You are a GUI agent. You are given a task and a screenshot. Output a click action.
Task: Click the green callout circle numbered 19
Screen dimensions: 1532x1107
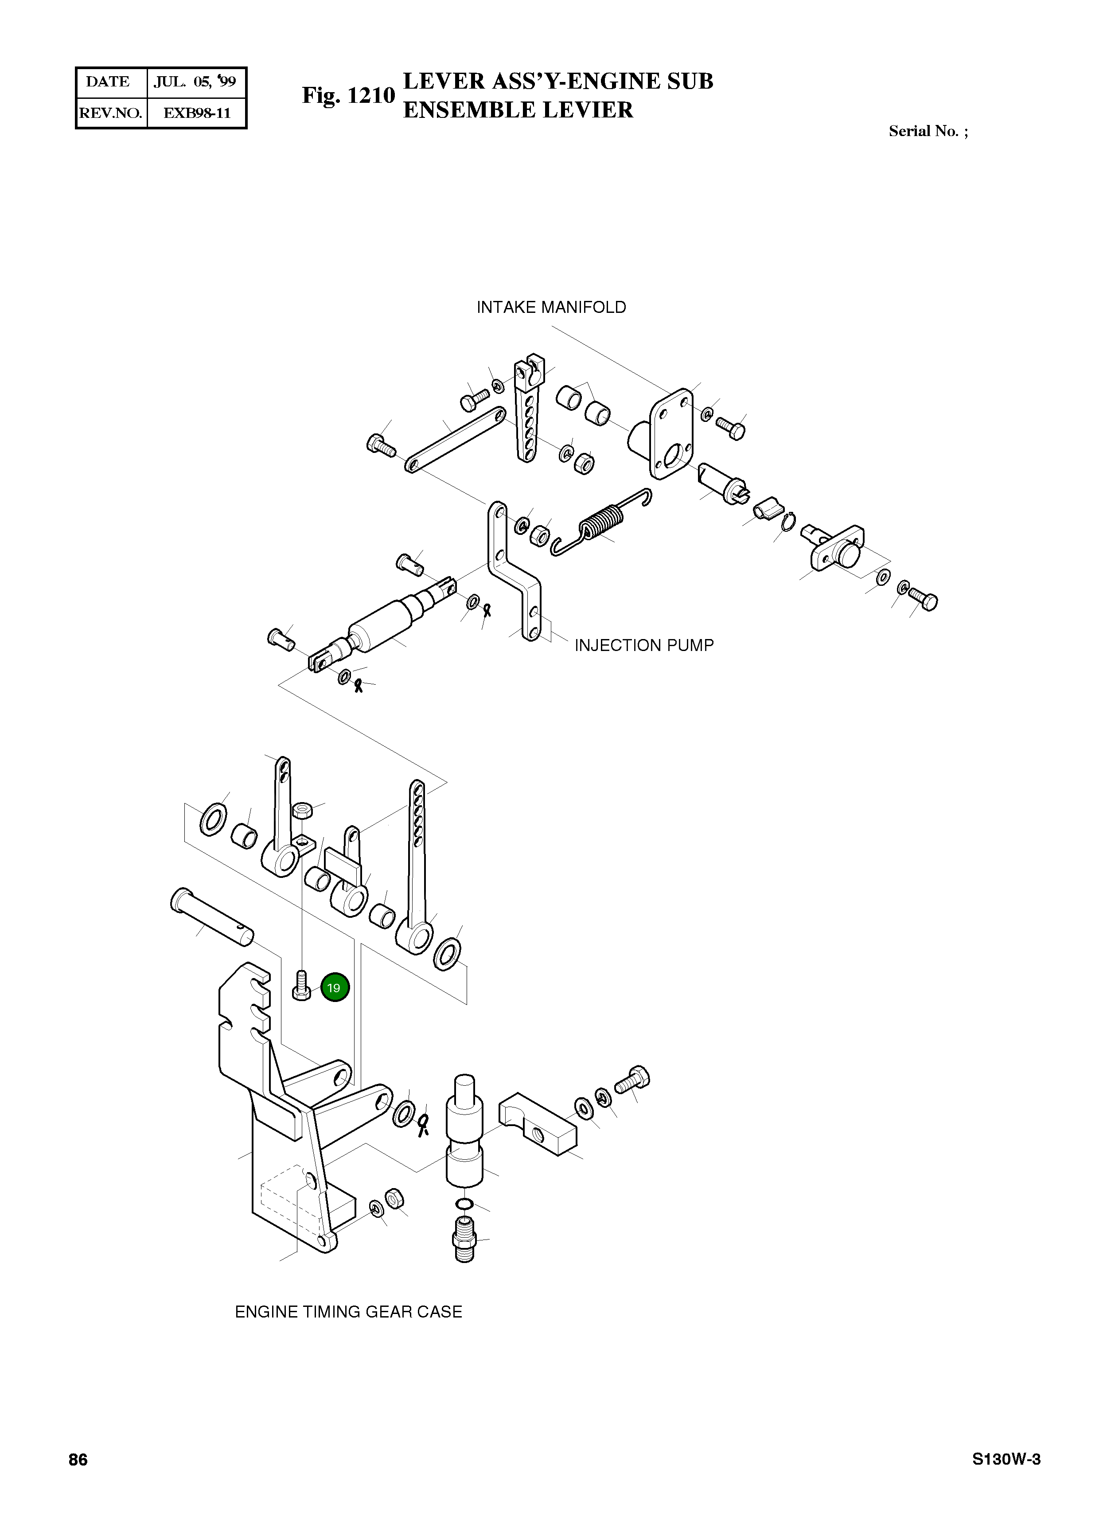click(x=334, y=987)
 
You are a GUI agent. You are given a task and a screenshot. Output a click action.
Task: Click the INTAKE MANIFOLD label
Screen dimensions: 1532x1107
click(x=551, y=308)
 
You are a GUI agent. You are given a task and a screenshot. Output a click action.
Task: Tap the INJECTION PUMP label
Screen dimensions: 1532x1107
click(x=643, y=645)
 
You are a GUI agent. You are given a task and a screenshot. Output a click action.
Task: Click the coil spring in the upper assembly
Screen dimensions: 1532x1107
click(x=599, y=522)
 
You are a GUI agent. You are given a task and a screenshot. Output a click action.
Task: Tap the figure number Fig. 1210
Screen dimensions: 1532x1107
click(x=348, y=95)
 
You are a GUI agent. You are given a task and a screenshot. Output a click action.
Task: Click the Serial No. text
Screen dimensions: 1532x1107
click(x=928, y=132)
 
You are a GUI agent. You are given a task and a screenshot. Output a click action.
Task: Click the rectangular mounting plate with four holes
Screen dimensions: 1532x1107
click(x=670, y=434)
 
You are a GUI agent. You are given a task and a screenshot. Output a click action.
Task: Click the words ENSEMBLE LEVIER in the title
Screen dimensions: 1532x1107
click(x=518, y=110)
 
